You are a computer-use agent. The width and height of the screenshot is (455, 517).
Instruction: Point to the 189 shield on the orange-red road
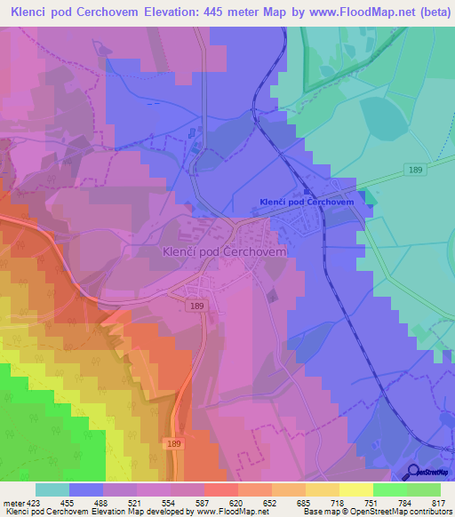pyautogui.click(x=174, y=441)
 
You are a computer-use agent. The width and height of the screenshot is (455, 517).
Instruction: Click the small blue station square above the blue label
pyautogui.click(x=307, y=190)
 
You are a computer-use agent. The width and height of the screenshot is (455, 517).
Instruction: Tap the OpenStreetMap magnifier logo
pyautogui.click(x=413, y=471)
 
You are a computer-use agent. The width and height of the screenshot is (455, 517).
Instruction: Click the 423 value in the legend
pyautogui.click(x=35, y=503)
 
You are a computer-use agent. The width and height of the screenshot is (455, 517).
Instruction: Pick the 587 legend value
pyautogui.click(x=204, y=503)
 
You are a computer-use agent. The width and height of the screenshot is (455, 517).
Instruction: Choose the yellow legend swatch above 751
pyautogui.click(x=355, y=489)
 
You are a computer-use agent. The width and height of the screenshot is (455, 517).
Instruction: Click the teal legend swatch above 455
pyautogui.click(x=52, y=489)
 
